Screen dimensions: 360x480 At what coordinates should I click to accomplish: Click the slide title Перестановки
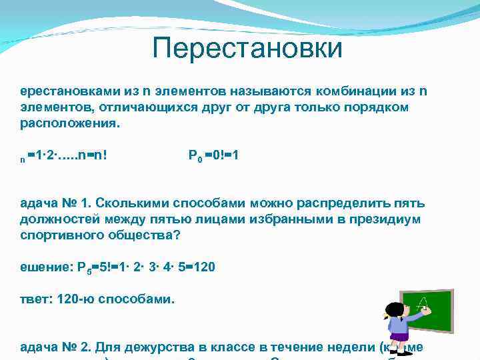[x=247, y=48]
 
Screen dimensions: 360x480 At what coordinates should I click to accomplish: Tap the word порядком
[x=380, y=107]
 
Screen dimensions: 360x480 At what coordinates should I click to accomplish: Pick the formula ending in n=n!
[x=67, y=156]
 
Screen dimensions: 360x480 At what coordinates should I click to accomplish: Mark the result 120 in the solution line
[x=199, y=267]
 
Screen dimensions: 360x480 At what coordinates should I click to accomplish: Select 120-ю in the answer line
[x=71, y=299]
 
